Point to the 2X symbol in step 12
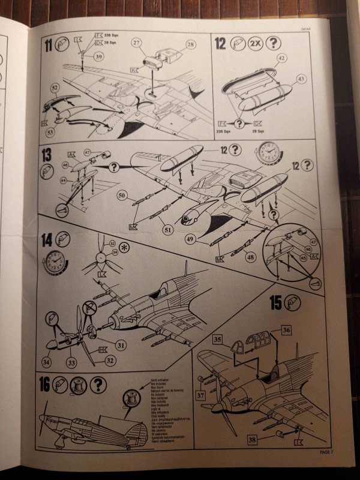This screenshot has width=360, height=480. [252, 43]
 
